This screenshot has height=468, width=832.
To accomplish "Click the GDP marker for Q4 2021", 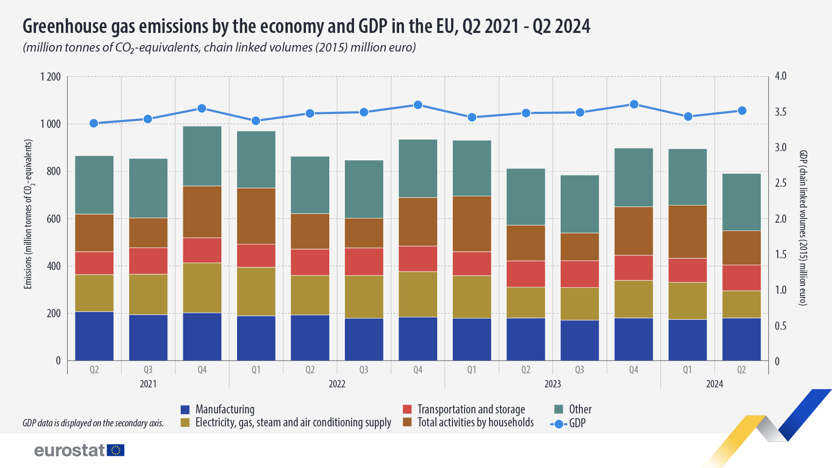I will point(202,108).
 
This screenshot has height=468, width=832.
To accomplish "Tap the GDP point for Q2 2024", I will point(742,110).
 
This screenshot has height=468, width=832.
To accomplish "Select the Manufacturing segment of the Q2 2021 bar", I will point(94,336).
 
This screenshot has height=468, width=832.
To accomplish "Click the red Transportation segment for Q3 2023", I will point(580,274).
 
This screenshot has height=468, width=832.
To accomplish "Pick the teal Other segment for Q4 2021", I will point(202,156).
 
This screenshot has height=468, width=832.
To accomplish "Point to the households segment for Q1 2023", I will point(472,224).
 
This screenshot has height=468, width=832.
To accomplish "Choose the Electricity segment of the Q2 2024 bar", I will point(741,304).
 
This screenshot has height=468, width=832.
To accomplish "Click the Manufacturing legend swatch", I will point(185,409).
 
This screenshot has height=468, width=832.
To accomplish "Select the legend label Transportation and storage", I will point(471,409).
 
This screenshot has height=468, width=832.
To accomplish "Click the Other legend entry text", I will point(580,409).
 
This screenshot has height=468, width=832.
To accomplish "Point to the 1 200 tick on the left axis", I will point(51,77).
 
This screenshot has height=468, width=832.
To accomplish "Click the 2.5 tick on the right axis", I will point(780,183).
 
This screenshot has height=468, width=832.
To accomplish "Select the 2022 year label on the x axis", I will point(337,384).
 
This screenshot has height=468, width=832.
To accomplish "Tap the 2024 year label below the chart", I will point(715,384).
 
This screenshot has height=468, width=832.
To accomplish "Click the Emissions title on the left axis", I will point(29,214).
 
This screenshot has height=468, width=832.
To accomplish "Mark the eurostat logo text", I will point(69,451).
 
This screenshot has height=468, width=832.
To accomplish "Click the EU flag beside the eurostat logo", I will point(116,450).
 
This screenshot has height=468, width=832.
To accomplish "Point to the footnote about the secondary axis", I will point(93,423).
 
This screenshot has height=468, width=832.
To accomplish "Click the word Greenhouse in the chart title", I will point(65,26).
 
